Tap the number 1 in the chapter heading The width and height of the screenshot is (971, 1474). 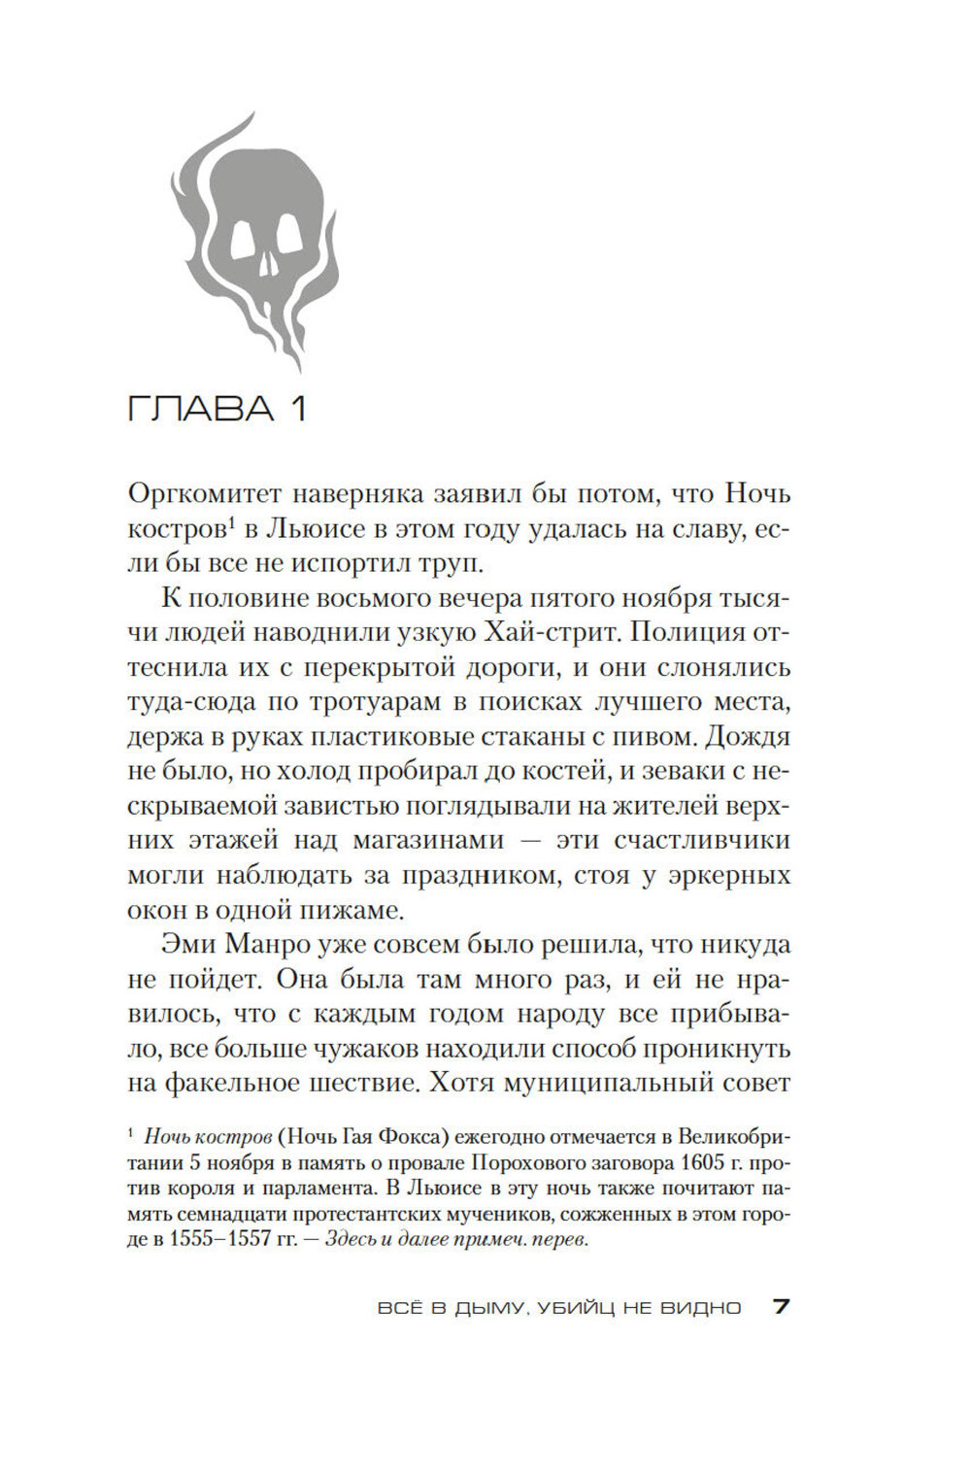click(x=297, y=409)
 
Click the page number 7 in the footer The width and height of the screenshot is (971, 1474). click(x=782, y=1306)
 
